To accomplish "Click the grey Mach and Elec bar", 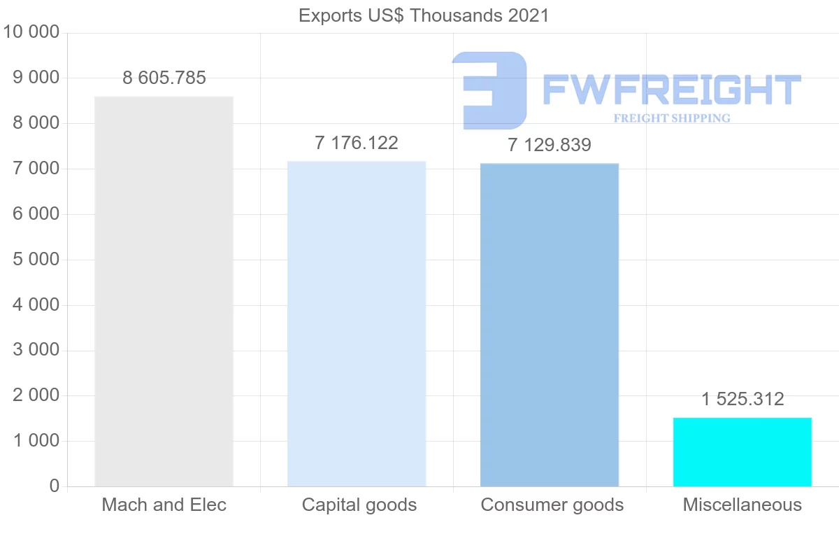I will [164, 291].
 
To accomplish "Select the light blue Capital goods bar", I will [357, 323].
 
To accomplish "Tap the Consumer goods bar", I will [550, 325].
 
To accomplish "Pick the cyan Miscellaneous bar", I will [743, 452].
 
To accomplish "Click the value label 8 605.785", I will [164, 78].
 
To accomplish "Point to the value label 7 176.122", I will [357, 143].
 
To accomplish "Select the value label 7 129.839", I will [550, 145].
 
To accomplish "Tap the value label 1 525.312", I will [743, 399].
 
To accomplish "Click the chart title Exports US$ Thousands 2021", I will [424, 15].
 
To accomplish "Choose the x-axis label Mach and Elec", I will [164, 505].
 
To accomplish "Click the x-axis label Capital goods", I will [359, 505].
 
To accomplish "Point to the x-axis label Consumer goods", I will [552, 505].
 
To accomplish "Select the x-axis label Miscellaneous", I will [743, 505].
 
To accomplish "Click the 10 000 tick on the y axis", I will [31, 32].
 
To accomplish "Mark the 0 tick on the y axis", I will [55, 486].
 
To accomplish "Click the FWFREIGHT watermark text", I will [671, 90].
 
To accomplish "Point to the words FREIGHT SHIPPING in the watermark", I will [672, 118].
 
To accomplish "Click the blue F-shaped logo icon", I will [489, 90].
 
